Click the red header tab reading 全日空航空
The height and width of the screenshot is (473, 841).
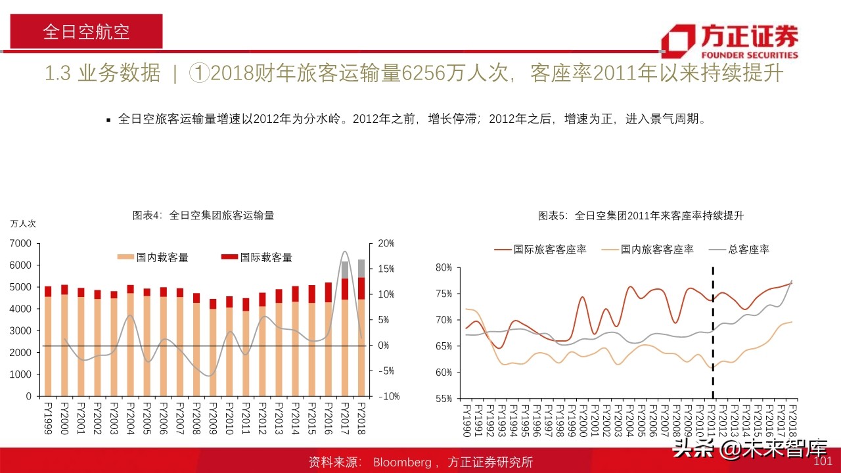(86, 32)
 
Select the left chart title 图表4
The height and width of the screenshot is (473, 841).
(204, 215)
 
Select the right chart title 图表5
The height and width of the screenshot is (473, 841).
(641, 215)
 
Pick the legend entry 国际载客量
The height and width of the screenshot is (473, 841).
(257, 258)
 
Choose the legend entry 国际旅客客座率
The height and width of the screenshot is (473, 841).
(541, 249)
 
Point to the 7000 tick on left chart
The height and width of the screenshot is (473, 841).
(21, 244)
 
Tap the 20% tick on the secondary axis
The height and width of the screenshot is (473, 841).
(386, 244)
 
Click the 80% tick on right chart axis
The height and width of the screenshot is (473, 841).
(443, 267)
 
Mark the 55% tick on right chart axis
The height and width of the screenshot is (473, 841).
(443, 399)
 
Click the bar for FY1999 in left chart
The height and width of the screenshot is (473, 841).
(48, 342)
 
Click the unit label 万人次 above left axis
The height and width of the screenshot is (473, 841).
(23, 223)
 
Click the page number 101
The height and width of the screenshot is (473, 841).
(823, 462)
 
